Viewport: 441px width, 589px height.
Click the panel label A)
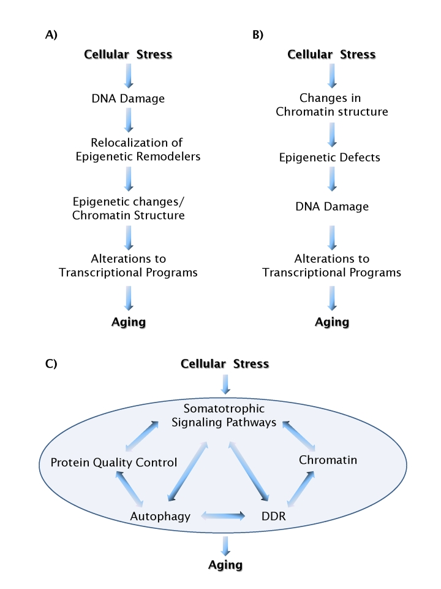51,35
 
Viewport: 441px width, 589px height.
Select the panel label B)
258,35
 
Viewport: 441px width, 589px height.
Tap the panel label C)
51,364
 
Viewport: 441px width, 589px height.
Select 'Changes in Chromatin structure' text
331,105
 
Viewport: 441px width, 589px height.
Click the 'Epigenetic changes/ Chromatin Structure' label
128,209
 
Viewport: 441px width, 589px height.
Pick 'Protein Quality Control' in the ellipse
114,462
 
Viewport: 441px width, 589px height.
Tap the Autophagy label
160,517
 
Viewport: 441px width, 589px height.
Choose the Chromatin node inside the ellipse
328,460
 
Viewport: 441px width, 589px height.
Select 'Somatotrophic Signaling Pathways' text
225,415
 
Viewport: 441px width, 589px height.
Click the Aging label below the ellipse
225,564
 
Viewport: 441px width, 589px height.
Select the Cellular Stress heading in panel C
225,364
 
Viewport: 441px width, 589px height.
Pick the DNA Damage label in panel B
331,207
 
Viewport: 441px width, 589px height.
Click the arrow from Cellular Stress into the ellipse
226,384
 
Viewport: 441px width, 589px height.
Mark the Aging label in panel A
128,322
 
